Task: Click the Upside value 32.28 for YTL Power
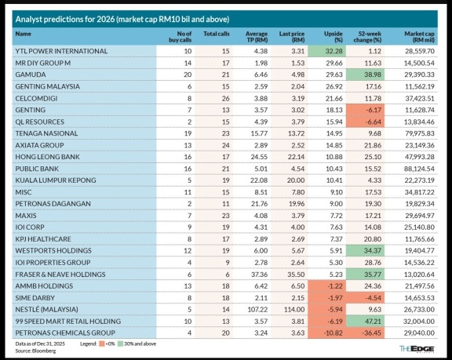(334, 51)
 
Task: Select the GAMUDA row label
(31, 75)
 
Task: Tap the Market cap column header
(419, 37)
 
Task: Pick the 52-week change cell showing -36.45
(373, 333)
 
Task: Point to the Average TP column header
(257, 37)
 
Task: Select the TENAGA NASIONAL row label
(46, 133)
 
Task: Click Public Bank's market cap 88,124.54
(419, 169)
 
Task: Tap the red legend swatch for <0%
(101, 344)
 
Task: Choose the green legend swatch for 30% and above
(120, 344)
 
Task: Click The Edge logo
(417, 349)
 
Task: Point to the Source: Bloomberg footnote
(35, 351)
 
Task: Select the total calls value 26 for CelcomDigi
(226, 99)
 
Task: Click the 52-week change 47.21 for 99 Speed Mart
(373, 322)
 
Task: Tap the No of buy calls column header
(180, 37)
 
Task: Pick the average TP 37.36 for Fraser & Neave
(260, 275)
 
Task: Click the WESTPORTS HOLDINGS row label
(53, 250)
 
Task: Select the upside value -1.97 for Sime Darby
(335, 298)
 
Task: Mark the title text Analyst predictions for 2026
(65, 20)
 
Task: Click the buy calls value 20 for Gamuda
(188, 75)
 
